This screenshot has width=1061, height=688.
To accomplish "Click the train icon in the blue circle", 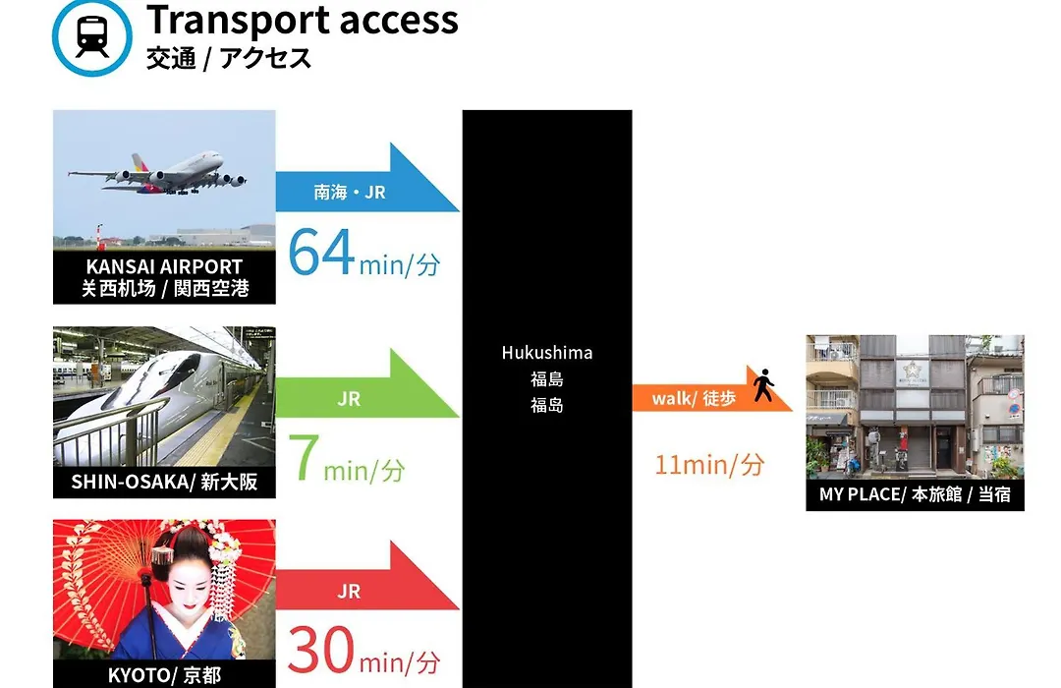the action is tap(92, 36).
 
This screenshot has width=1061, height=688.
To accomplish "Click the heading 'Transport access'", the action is tap(303, 20).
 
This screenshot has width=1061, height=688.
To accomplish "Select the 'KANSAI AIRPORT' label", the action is tap(164, 266).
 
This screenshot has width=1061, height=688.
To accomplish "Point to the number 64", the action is tap(321, 252).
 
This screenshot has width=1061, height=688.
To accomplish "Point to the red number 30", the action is tap(320, 650).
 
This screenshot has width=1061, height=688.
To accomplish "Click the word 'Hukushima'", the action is tap(547, 353).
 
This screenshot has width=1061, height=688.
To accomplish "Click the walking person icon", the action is tap(764, 384).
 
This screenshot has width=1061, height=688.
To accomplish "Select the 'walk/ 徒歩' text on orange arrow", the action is tap(694, 398).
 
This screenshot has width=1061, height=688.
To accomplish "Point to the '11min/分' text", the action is tap(710, 465).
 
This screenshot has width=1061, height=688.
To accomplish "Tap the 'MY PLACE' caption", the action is tap(863, 494).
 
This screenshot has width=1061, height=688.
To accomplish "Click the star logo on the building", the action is tap(912, 371).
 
